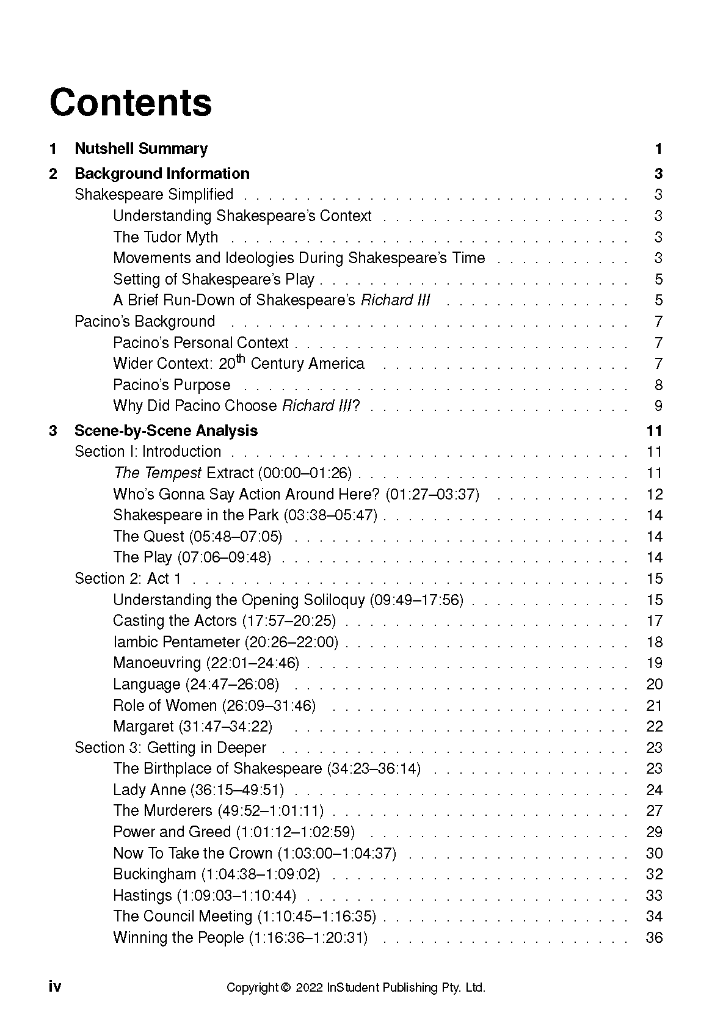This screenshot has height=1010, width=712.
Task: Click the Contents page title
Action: pos(131,103)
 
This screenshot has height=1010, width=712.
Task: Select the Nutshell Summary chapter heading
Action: pos(141,149)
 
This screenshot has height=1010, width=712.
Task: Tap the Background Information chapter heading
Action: pos(162,174)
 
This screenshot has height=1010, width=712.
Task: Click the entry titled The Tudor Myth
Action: pos(165,237)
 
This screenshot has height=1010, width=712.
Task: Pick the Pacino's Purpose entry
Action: pos(172,385)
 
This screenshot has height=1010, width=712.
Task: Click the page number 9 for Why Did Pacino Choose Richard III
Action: pos(658,406)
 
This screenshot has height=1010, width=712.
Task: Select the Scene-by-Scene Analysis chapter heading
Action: pos(166,431)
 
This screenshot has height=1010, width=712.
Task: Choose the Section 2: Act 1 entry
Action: pos(128,579)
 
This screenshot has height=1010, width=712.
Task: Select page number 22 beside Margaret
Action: pos(654,727)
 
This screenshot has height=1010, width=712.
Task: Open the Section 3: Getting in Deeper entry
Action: pos(170,748)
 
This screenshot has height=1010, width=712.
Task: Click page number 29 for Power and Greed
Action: pos(654,832)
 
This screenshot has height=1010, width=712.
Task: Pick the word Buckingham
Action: pos(154,874)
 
